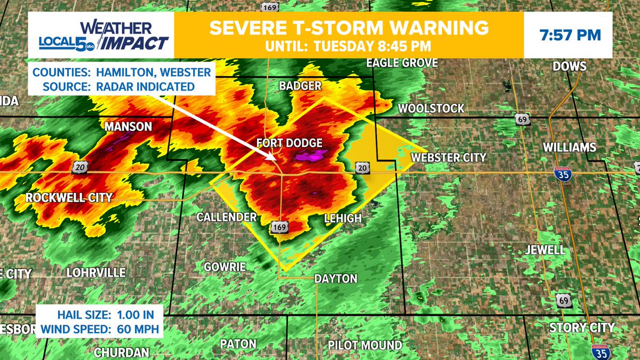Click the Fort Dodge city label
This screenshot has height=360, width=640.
pyautogui.click(x=289, y=143)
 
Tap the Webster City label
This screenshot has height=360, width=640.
pyautogui.click(x=448, y=157)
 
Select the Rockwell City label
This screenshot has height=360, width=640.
pyautogui.click(x=69, y=198)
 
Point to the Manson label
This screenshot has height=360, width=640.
pyautogui.click(x=129, y=127)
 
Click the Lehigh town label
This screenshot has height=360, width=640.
pyautogui.click(x=343, y=218)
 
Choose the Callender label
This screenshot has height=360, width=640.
pyautogui.click(x=227, y=217)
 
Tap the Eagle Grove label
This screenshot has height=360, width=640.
pyautogui.click(x=402, y=63)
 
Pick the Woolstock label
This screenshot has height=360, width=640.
pyautogui.click(x=431, y=108)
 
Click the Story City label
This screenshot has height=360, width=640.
pyautogui.click(x=582, y=327)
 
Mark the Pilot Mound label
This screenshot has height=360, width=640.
pyautogui.click(x=365, y=345)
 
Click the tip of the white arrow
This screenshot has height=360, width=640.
pyautogui.click(x=275, y=158)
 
